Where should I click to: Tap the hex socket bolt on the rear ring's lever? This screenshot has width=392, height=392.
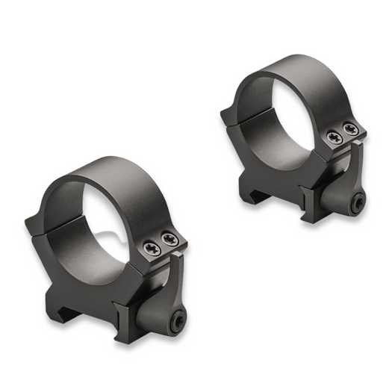tap(358, 201)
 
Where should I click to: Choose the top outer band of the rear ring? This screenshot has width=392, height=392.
tap(287, 71)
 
